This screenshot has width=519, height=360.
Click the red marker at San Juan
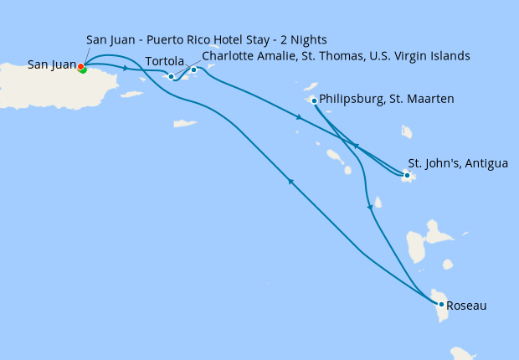tap(80, 66)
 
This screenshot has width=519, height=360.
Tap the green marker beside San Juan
tap(84, 69)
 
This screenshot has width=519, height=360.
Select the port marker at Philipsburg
tap(314, 100)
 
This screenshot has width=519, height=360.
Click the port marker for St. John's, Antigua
tap(407, 176)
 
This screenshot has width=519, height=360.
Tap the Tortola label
tap(164, 61)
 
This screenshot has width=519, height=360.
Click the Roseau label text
tap(467, 306)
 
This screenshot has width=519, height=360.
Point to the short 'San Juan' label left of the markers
tap(50, 64)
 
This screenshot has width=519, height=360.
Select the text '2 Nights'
tap(302, 40)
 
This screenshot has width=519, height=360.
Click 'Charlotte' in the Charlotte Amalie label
tap(229, 56)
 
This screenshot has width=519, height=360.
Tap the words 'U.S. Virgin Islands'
tap(415, 56)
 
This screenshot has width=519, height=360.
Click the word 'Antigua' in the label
tap(486, 163)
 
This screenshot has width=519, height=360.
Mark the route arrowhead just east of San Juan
tap(126, 68)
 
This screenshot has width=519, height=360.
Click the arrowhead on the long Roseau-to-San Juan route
tap(290, 182)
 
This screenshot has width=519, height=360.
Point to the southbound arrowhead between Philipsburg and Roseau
tap(368, 207)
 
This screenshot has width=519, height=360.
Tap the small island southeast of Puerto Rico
tap(131, 95)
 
